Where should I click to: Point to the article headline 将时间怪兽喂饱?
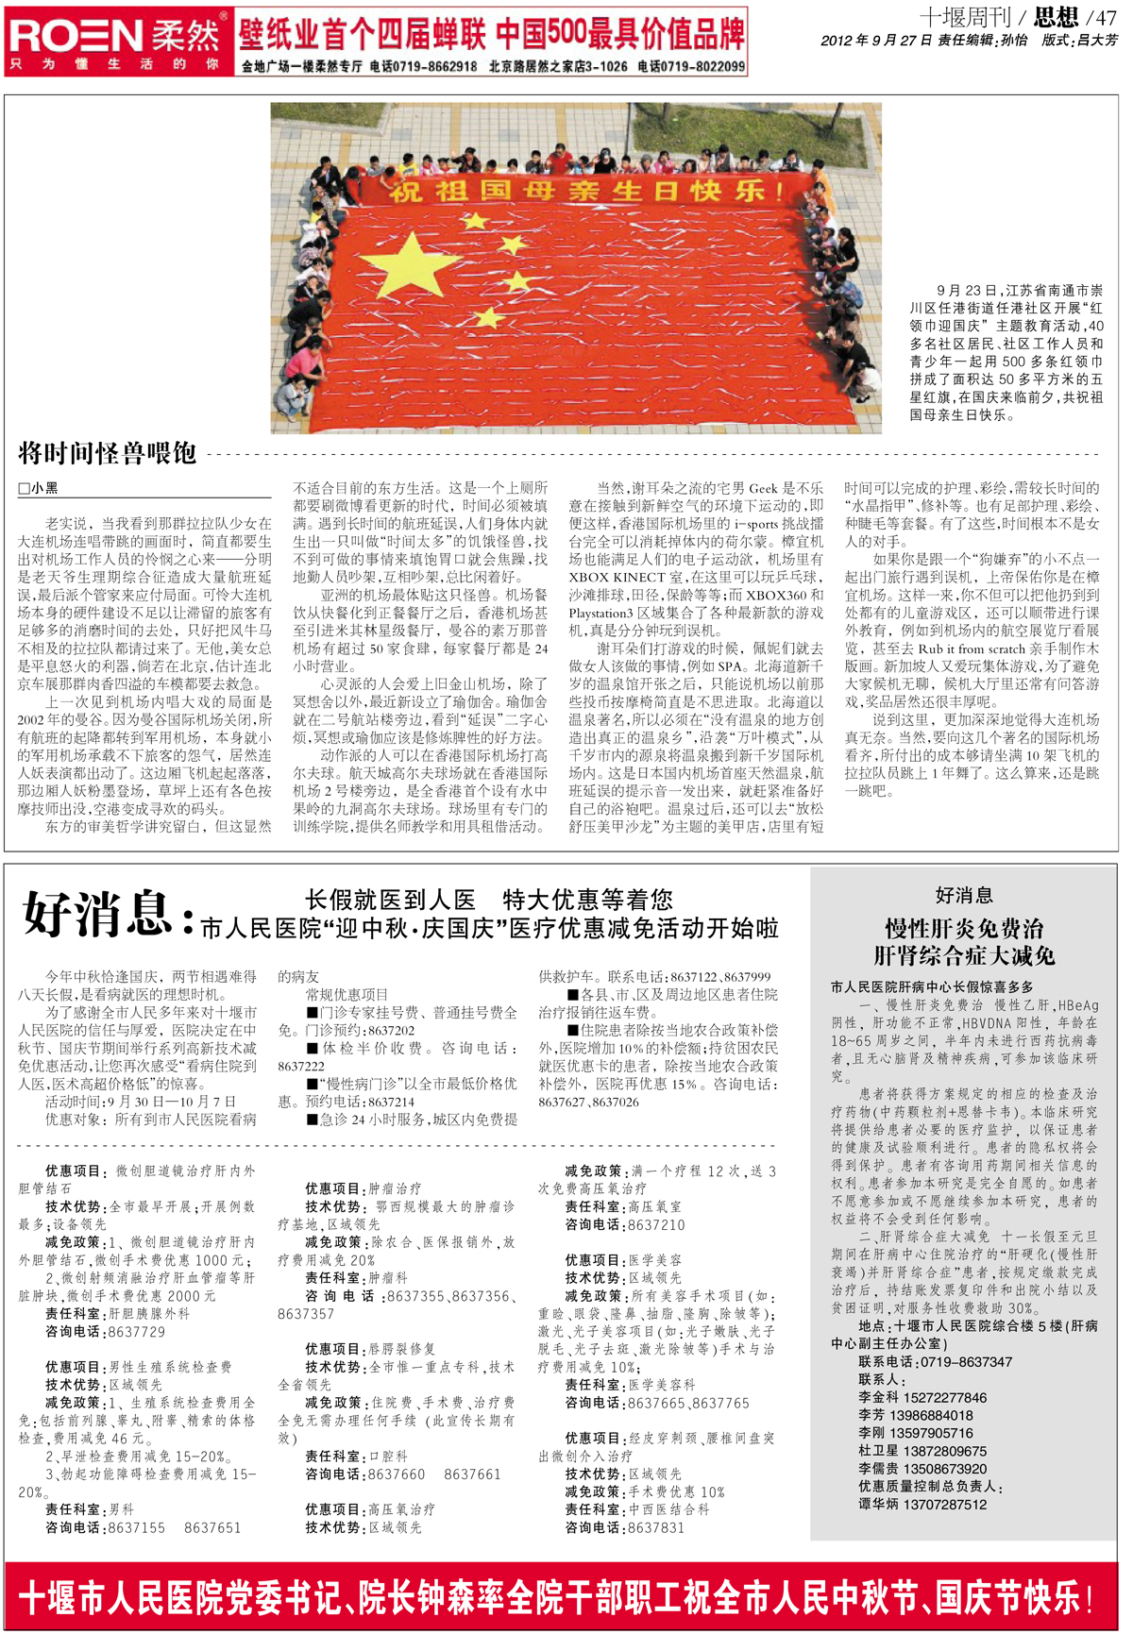[108, 454]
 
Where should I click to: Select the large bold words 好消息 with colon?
[109, 915]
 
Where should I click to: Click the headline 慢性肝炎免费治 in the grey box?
[963, 928]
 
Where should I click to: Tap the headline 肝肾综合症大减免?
[963, 955]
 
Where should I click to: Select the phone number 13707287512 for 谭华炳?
[944, 1505]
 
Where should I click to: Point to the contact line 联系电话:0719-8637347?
[935, 1362]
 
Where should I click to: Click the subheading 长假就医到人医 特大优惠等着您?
[489, 899]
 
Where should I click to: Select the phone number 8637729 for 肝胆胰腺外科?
[136, 1332]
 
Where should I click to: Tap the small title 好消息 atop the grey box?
[963, 895]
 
